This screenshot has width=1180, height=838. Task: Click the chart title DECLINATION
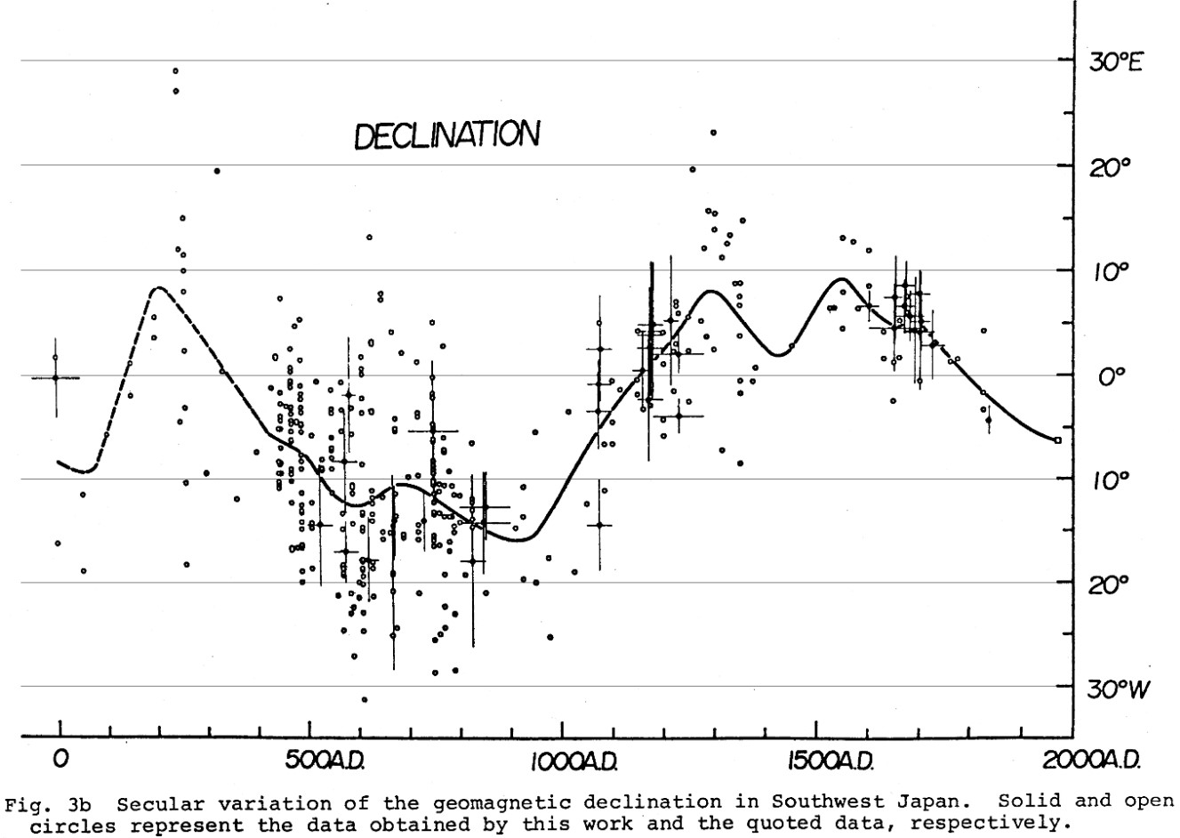tap(446, 136)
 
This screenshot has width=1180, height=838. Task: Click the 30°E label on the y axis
tap(1116, 62)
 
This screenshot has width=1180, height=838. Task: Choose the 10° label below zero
tap(1109, 480)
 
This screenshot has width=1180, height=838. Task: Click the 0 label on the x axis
tap(60, 761)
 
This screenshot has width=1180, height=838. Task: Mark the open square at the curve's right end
tap(1056, 440)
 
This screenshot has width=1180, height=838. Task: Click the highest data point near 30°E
tap(176, 70)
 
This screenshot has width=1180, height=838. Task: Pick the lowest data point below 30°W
tap(364, 700)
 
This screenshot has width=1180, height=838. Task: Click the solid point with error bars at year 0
tap(55, 377)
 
